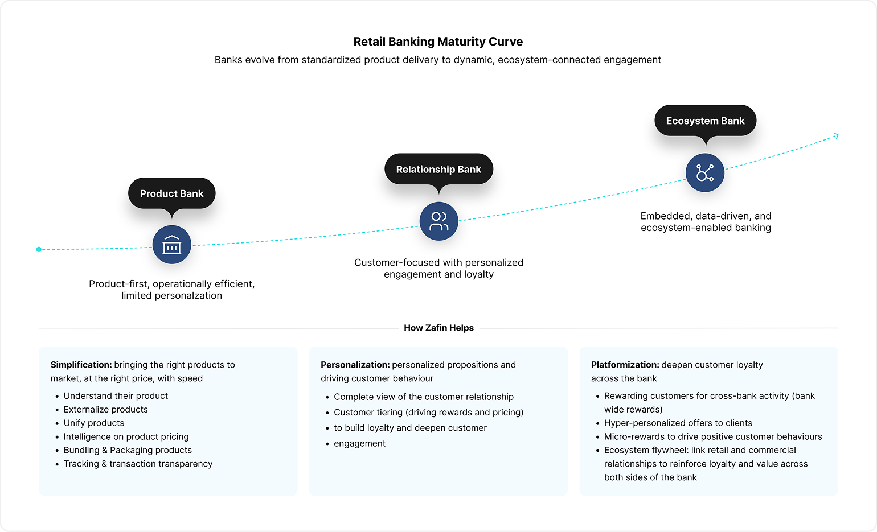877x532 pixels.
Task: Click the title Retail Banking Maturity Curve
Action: click(438, 42)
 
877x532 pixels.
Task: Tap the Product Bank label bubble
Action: click(171, 193)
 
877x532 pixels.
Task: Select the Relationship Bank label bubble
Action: click(438, 169)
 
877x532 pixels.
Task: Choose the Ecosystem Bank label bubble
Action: click(705, 121)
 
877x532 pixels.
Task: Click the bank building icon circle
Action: click(171, 245)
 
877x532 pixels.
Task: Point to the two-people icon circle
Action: click(438, 221)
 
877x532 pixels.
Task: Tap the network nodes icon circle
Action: click(705, 172)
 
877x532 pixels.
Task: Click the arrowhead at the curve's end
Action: click(836, 135)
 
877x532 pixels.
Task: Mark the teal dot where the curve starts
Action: click(39, 249)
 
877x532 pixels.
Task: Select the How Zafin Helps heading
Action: click(438, 328)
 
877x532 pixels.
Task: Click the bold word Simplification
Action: click(81, 365)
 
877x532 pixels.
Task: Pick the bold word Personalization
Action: click(355, 365)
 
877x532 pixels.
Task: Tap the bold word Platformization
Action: click(625, 365)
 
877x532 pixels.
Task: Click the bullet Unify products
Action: click(94, 423)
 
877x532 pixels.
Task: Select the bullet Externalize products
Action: click(105, 409)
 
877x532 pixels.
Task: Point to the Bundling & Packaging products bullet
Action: click(128, 450)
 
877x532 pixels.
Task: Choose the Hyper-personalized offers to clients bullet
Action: click(678, 423)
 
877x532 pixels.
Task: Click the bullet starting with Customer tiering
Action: click(428, 412)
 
